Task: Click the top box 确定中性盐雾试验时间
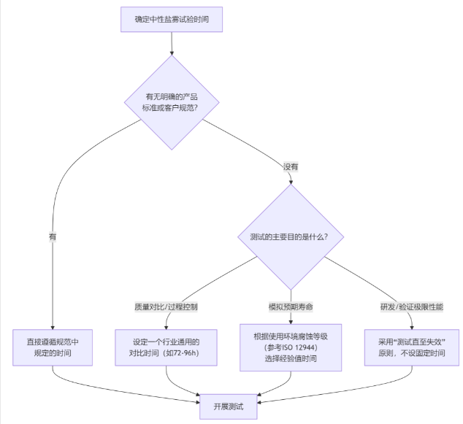[x=172, y=19]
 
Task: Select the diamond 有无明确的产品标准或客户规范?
[x=172, y=102]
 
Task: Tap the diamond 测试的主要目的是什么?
[x=291, y=237]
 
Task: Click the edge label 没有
[x=291, y=166]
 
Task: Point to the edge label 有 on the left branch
[x=53, y=237]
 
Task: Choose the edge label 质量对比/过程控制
[x=166, y=307]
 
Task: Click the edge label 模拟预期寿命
[x=291, y=307]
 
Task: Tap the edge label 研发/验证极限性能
[x=412, y=307]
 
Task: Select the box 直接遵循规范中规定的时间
[x=53, y=347]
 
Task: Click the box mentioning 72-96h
[x=166, y=347]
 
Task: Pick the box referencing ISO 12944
[x=291, y=347]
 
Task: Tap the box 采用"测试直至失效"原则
[x=412, y=347]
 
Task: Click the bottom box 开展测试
[x=229, y=406]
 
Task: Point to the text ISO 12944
[x=299, y=347]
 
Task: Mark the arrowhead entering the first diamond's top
[x=172, y=53]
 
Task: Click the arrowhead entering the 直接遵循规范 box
[x=53, y=326]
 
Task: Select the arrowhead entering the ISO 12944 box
[x=291, y=320]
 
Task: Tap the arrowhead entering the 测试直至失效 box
[x=412, y=326]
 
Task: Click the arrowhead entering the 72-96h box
[x=166, y=326]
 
